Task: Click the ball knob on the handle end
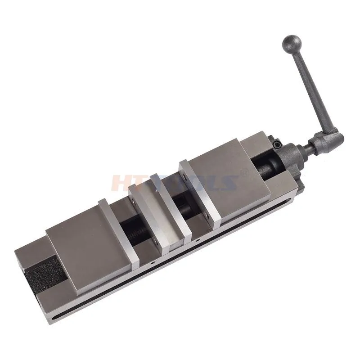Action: [x=290, y=45]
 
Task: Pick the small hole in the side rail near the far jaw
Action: [x=153, y=261]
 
